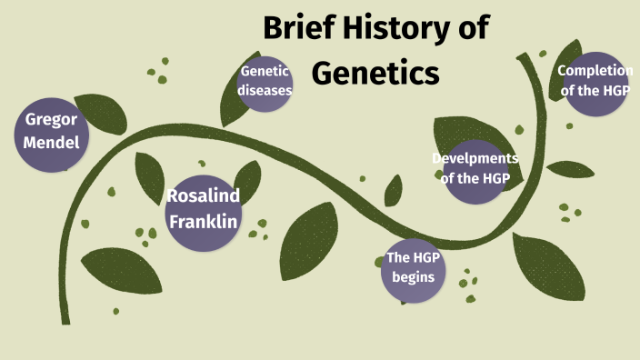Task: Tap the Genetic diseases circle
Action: coord(265,81)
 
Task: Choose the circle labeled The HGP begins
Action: coord(412,269)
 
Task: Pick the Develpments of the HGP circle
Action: coord(475,170)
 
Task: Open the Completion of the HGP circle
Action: coord(596,80)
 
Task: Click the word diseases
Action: coord(265,90)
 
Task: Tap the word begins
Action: coord(413,277)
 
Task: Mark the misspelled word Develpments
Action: coord(475,159)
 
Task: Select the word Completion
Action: coord(596,70)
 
